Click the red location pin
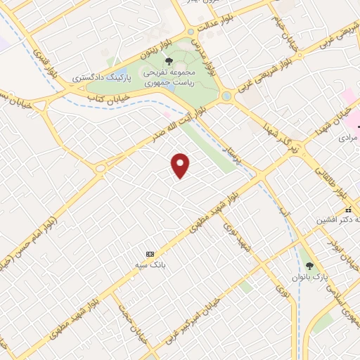(181, 165)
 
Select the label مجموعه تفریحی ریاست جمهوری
(168, 77)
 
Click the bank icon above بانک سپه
(149, 253)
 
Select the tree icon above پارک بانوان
(310, 266)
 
